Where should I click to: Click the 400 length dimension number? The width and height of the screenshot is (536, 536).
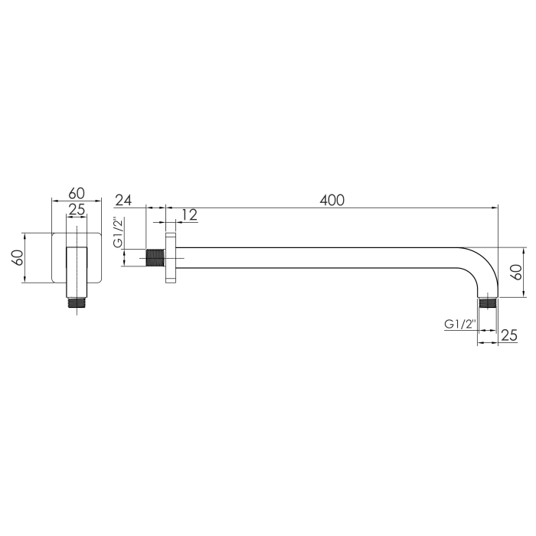[x=332, y=200]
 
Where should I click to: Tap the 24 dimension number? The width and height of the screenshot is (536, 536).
[x=123, y=200]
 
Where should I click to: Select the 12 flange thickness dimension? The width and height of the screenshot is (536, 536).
[x=189, y=214]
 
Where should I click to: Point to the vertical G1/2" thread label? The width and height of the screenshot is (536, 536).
[x=118, y=232]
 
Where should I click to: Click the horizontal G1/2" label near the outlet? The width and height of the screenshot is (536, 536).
[x=460, y=324]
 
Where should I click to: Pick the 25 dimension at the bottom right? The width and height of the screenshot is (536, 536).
[x=509, y=335]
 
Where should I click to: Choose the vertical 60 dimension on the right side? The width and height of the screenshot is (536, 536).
[x=517, y=272]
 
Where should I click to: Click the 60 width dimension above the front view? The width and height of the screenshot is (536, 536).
[x=77, y=194]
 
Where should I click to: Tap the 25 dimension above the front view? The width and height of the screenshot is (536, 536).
[x=77, y=210]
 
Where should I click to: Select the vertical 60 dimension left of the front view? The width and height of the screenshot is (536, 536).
[x=18, y=258]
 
